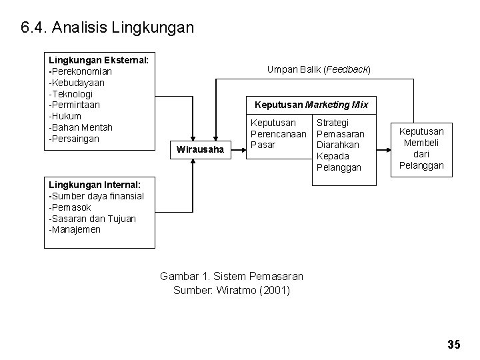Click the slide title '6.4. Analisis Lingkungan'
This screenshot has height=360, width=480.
pos(107,28)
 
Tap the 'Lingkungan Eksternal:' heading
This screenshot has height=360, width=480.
pos(98,60)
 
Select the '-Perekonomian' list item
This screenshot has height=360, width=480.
pos(80,71)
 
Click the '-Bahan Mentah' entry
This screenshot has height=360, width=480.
pos(81,127)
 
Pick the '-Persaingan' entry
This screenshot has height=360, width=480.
pos(74,139)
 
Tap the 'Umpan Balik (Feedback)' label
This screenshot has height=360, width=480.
pos(319,69)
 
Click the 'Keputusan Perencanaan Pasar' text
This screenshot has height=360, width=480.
pos(278,133)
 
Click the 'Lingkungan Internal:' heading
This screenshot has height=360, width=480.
pos(95,184)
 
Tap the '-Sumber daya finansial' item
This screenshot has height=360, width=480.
pos(96,195)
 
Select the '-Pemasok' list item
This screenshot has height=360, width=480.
pos(69,207)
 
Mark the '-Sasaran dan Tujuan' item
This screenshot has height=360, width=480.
pos(92,218)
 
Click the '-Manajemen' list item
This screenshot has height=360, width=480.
pos(75,229)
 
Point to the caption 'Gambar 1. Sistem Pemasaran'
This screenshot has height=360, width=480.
pos(231,276)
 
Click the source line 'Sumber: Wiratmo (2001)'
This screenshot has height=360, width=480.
pos(231,289)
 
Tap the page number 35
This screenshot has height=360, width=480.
pos(454,345)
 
